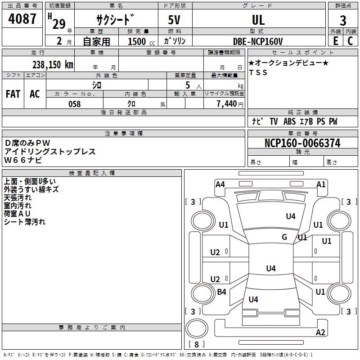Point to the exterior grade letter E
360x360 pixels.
tap(336, 41)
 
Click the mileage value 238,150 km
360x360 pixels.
tap(53, 64)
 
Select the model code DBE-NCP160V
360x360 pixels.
tap(258, 41)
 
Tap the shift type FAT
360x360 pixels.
tap(13, 94)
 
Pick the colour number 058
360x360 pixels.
tap(74, 104)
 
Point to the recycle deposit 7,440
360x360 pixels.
tap(226, 104)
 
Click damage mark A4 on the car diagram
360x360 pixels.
tap(220, 184)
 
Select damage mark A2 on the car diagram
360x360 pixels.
tap(320, 333)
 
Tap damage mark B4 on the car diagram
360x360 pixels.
tap(221, 292)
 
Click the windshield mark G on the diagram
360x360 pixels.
tap(284, 237)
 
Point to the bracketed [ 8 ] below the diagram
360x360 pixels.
tap(196, 344)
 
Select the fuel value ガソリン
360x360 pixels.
tap(175, 41)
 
